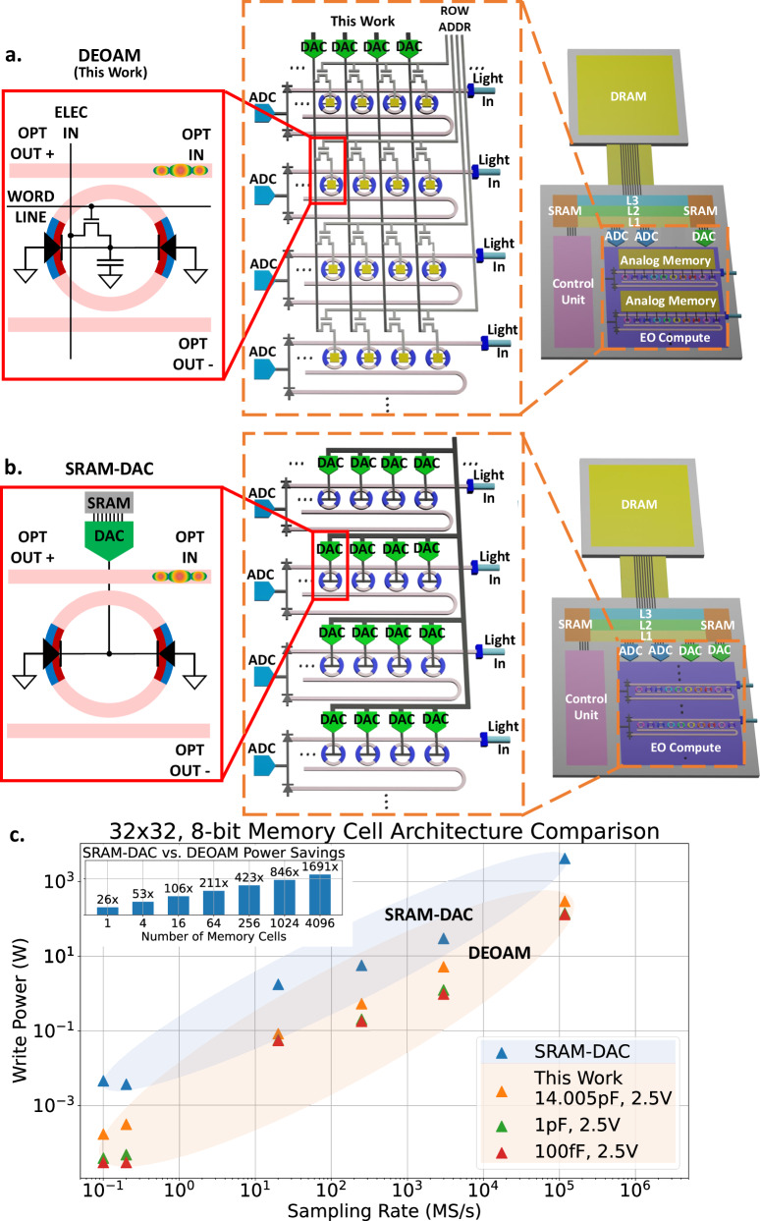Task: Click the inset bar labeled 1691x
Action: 320,895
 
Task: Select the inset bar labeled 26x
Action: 107,911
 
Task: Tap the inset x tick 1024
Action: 285,923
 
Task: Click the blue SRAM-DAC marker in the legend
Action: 502,1053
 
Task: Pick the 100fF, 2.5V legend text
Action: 586,1151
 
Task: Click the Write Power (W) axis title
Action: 20,1010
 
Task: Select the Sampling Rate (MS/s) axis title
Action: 384,1210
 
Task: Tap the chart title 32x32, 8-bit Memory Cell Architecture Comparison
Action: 384,831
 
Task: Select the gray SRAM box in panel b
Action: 109,503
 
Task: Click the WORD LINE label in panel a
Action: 31,206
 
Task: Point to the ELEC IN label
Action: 71,123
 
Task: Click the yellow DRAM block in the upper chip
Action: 627,96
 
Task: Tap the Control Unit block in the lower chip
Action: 586,707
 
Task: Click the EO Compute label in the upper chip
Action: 675,337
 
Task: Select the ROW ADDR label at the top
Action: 455,19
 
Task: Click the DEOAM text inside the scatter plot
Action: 500,953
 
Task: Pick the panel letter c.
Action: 18,836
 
